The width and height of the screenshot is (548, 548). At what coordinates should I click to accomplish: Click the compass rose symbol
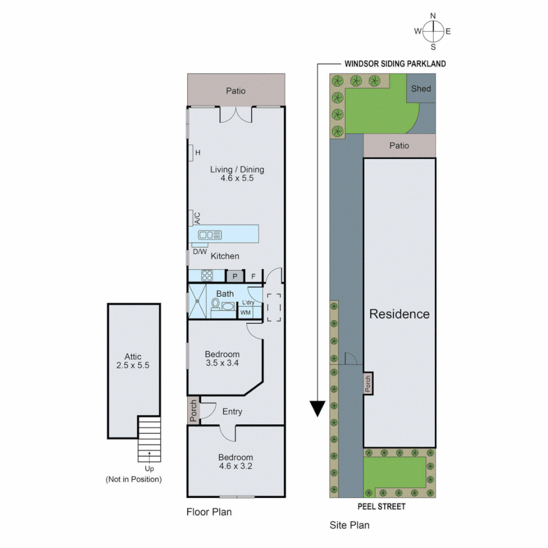pyautogui.click(x=433, y=31)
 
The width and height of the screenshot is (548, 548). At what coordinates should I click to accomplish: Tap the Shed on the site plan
pyautogui.click(x=421, y=89)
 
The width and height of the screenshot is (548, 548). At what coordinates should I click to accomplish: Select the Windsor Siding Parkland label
pyautogui.click(x=395, y=64)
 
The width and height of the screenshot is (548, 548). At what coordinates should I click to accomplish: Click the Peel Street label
pyautogui.click(x=382, y=506)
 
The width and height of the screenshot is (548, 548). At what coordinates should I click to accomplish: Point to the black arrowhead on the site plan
pyautogui.click(x=318, y=408)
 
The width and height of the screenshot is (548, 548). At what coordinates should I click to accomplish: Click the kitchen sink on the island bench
pyautogui.click(x=210, y=234)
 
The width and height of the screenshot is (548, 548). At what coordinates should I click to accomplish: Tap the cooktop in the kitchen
pyautogui.click(x=207, y=276)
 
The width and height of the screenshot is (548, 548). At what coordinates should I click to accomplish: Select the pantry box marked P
pyautogui.click(x=235, y=277)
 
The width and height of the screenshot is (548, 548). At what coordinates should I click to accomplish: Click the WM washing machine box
pyautogui.click(x=246, y=312)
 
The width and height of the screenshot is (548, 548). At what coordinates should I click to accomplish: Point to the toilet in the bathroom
pyautogui.click(x=216, y=304)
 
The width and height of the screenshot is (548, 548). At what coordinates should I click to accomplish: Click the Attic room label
pyautogui.click(x=133, y=361)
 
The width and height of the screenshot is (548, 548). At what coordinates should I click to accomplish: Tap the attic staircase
pyautogui.click(x=149, y=439)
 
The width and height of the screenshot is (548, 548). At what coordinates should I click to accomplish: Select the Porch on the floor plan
pyautogui.click(x=193, y=411)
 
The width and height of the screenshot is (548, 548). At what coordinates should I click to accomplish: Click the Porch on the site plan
pyautogui.click(x=368, y=384)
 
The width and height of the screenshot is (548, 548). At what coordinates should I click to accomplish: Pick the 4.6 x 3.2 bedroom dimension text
pyautogui.click(x=235, y=466)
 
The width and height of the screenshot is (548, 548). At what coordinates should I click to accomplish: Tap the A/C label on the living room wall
pyautogui.click(x=197, y=218)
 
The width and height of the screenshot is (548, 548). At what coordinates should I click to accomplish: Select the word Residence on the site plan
pyautogui.click(x=399, y=314)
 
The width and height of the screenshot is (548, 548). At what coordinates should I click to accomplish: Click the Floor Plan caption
pyautogui.click(x=209, y=512)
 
